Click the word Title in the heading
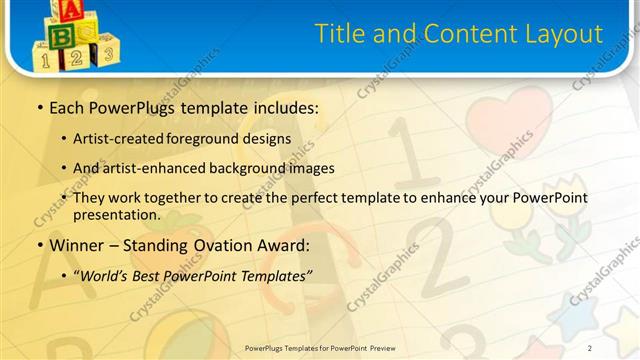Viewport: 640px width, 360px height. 340,34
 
